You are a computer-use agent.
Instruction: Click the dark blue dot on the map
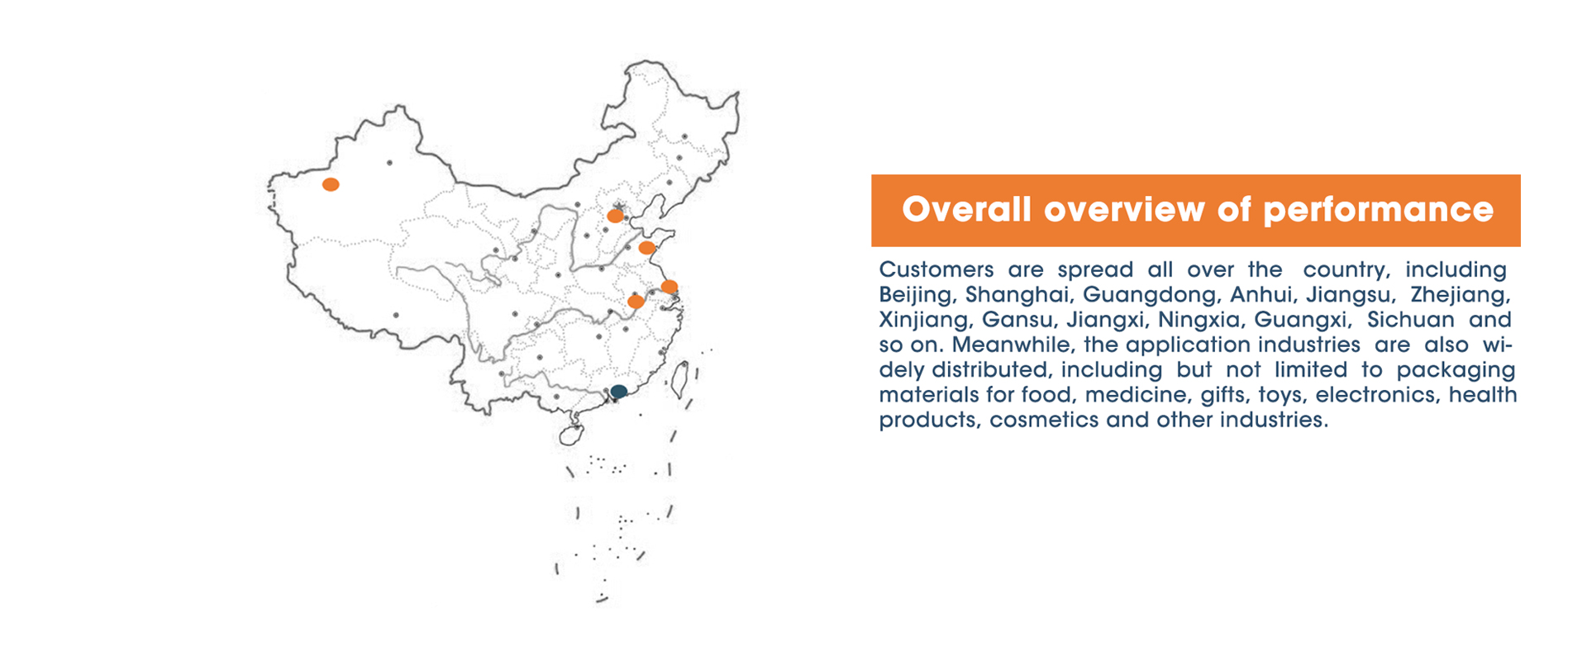point(619,391)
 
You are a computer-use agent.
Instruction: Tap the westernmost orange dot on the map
point(331,184)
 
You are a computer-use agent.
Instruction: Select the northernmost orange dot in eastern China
point(615,216)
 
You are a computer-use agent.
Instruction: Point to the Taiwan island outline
point(680,379)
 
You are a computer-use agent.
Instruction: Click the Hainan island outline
point(571,435)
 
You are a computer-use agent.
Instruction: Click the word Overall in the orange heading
point(966,210)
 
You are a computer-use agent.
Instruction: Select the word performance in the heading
point(1378,211)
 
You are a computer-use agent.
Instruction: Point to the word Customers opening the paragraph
point(936,270)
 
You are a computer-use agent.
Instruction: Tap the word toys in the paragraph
point(1280,396)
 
